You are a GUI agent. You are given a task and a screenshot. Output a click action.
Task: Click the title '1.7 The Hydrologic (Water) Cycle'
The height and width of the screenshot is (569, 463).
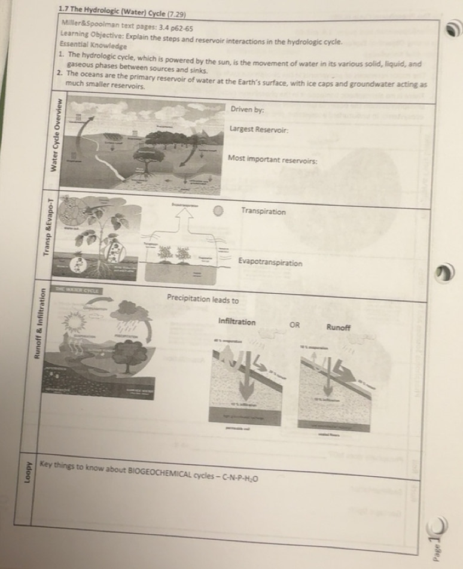(122, 13)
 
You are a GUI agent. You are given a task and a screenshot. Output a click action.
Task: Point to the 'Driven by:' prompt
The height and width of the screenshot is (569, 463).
(247, 109)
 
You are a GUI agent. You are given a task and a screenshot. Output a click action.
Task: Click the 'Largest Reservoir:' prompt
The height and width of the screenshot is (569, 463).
(260, 129)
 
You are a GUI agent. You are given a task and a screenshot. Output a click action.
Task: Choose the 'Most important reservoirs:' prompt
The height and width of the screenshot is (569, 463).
(272, 161)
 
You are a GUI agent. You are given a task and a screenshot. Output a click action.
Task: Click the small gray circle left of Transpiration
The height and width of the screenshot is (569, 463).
(220, 211)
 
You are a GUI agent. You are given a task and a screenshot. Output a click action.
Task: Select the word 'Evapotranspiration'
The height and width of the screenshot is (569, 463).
(270, 262)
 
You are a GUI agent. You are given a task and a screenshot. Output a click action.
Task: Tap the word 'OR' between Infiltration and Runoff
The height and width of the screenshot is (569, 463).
(294, 326)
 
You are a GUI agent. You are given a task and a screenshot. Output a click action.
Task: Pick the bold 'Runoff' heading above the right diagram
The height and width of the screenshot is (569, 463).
(338, 327)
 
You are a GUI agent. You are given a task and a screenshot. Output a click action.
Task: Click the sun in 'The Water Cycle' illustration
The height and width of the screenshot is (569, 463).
(75, 324)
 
